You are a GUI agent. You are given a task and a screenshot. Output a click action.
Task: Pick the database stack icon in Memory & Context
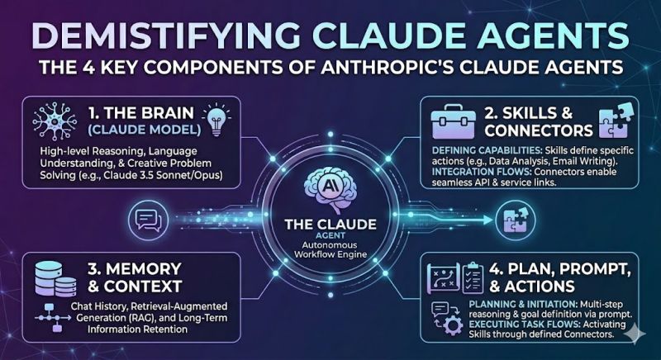click(x=53, y=278)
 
